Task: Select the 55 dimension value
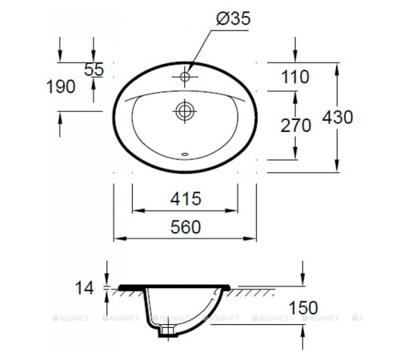(94, 70)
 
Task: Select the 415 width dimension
(185, 198)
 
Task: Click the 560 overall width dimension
(185, 227)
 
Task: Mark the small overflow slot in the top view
(185, 155)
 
